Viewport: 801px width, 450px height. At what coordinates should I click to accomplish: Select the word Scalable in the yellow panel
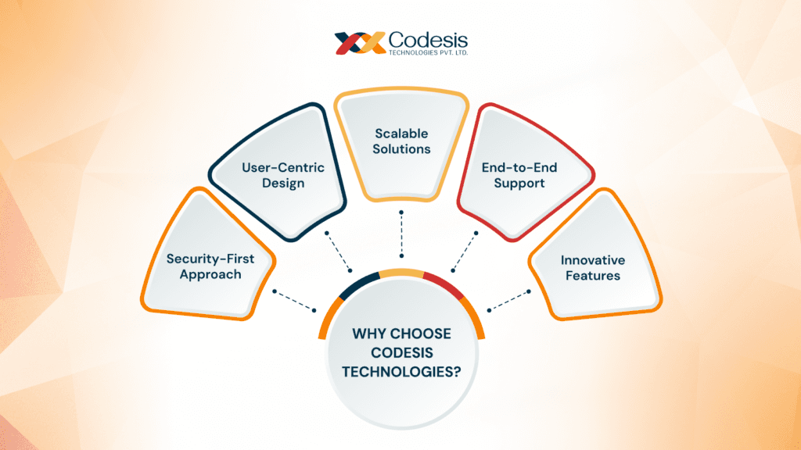click(401, 134)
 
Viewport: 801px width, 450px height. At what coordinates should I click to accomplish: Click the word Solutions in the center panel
click(401, 148)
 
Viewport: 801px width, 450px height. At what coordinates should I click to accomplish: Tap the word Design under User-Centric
click(283, 184)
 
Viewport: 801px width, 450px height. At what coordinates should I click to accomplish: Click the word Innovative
click(592, 259)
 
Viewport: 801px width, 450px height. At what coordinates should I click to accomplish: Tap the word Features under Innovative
click(592, 275)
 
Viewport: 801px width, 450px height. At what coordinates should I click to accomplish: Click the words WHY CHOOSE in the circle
click(401, 334)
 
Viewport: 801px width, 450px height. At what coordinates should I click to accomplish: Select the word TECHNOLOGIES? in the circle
click(401, 372)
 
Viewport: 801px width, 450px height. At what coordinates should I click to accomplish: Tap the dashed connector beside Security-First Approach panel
click(295, 300)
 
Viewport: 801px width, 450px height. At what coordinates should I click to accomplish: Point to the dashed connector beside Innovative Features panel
click(508, 299)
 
